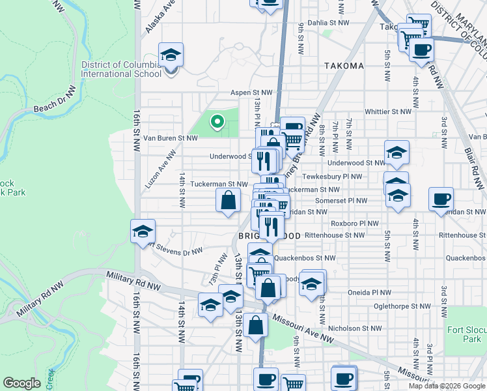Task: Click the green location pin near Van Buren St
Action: click(x=217, y=121)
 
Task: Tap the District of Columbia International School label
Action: click(x=121, y=69)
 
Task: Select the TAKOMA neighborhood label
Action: click(x=344, y=66)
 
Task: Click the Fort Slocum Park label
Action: click(x=466, y=334)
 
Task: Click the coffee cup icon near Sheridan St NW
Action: click(x=441, y=199)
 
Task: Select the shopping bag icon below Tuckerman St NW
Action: click(x=228, y=201)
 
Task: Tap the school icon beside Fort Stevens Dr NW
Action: click(x=143, y=232)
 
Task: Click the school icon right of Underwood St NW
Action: click(x=396, y=152)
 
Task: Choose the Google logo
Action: click(x=22, y=383)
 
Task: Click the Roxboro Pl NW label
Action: click(x=354, y=223)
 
